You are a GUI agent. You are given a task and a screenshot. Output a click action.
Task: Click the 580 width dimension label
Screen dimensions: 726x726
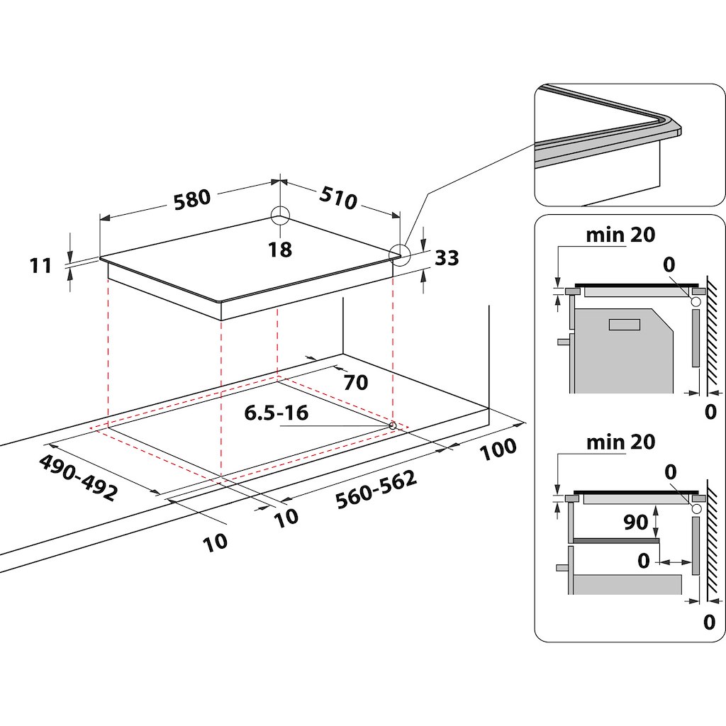pos(194,199)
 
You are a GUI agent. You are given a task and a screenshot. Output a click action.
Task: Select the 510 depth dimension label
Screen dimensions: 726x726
pos(337,199)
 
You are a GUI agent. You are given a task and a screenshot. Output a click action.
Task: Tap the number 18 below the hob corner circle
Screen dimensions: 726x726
pos(281,249)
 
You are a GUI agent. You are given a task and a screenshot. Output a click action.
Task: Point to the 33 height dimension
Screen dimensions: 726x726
pos(447,258)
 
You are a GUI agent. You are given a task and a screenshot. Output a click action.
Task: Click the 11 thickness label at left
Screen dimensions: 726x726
pos(42,265)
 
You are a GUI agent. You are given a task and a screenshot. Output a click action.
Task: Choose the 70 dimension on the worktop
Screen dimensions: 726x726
pos(355,383)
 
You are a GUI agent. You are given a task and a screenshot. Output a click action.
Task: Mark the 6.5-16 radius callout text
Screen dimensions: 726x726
pos(277,413)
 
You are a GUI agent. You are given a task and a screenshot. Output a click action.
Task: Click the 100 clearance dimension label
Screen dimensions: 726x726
pos(498,449)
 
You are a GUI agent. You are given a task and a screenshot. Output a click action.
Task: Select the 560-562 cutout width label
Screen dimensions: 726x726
pos(376,490)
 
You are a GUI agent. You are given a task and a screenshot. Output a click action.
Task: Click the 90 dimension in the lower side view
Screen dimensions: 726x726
pos(636,522)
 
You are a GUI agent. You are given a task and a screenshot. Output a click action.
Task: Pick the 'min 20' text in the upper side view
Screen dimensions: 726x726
pos(620,235)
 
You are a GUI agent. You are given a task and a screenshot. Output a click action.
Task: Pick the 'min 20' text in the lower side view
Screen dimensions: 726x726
pos(620,442)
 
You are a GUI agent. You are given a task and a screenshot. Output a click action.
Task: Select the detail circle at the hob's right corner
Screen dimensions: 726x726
pos(399,255)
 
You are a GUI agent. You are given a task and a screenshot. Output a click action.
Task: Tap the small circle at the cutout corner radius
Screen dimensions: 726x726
pos(392,425)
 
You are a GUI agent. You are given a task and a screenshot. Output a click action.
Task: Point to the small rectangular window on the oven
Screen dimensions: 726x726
pos(623,324)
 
